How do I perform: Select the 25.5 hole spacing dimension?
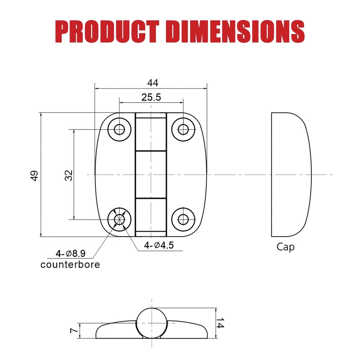coord(151,97)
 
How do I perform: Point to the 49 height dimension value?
coord(35,175)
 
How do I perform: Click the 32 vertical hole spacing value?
coord(69,175)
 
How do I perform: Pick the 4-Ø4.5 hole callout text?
coord(159,246)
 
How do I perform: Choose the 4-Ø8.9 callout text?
coord(70,253)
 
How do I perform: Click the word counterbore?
coord(70,265)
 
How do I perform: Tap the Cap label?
coord(285,247)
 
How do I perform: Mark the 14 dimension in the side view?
coord(221,323)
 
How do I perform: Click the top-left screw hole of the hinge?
coord(119,129)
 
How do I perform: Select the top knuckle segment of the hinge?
coord(151,131)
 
